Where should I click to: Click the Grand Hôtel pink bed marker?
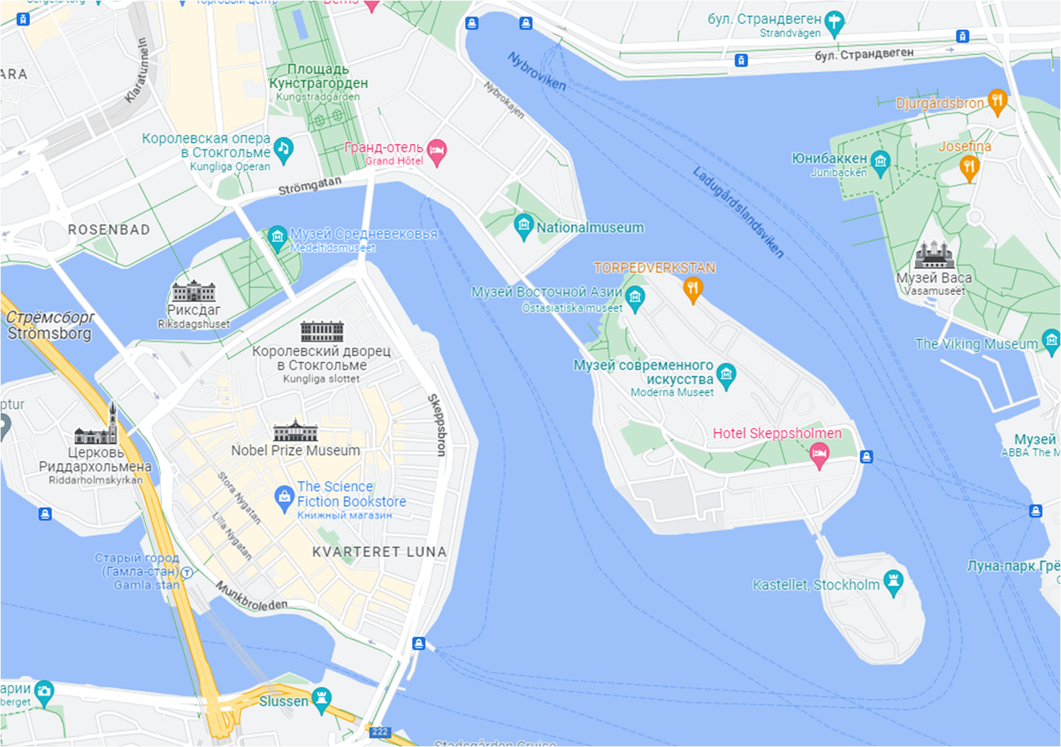click(436, 150)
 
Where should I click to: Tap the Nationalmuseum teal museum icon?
click(523, 227)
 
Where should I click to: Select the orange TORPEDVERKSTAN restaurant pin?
click(693, 288)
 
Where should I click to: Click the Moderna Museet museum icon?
click(726, 374)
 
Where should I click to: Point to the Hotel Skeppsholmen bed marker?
click(820, 454)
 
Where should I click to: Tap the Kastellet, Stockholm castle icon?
click(896, 582)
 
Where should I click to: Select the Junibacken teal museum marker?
click(880, 160)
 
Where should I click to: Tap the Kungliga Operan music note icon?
click(283, 150)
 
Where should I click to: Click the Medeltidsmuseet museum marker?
click(278, 236)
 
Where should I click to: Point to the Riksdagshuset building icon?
click(193, 291)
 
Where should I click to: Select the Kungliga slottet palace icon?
click(322, 331)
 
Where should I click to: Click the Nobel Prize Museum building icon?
click(295, 431)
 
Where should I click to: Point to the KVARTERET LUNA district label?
click(379, 551)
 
